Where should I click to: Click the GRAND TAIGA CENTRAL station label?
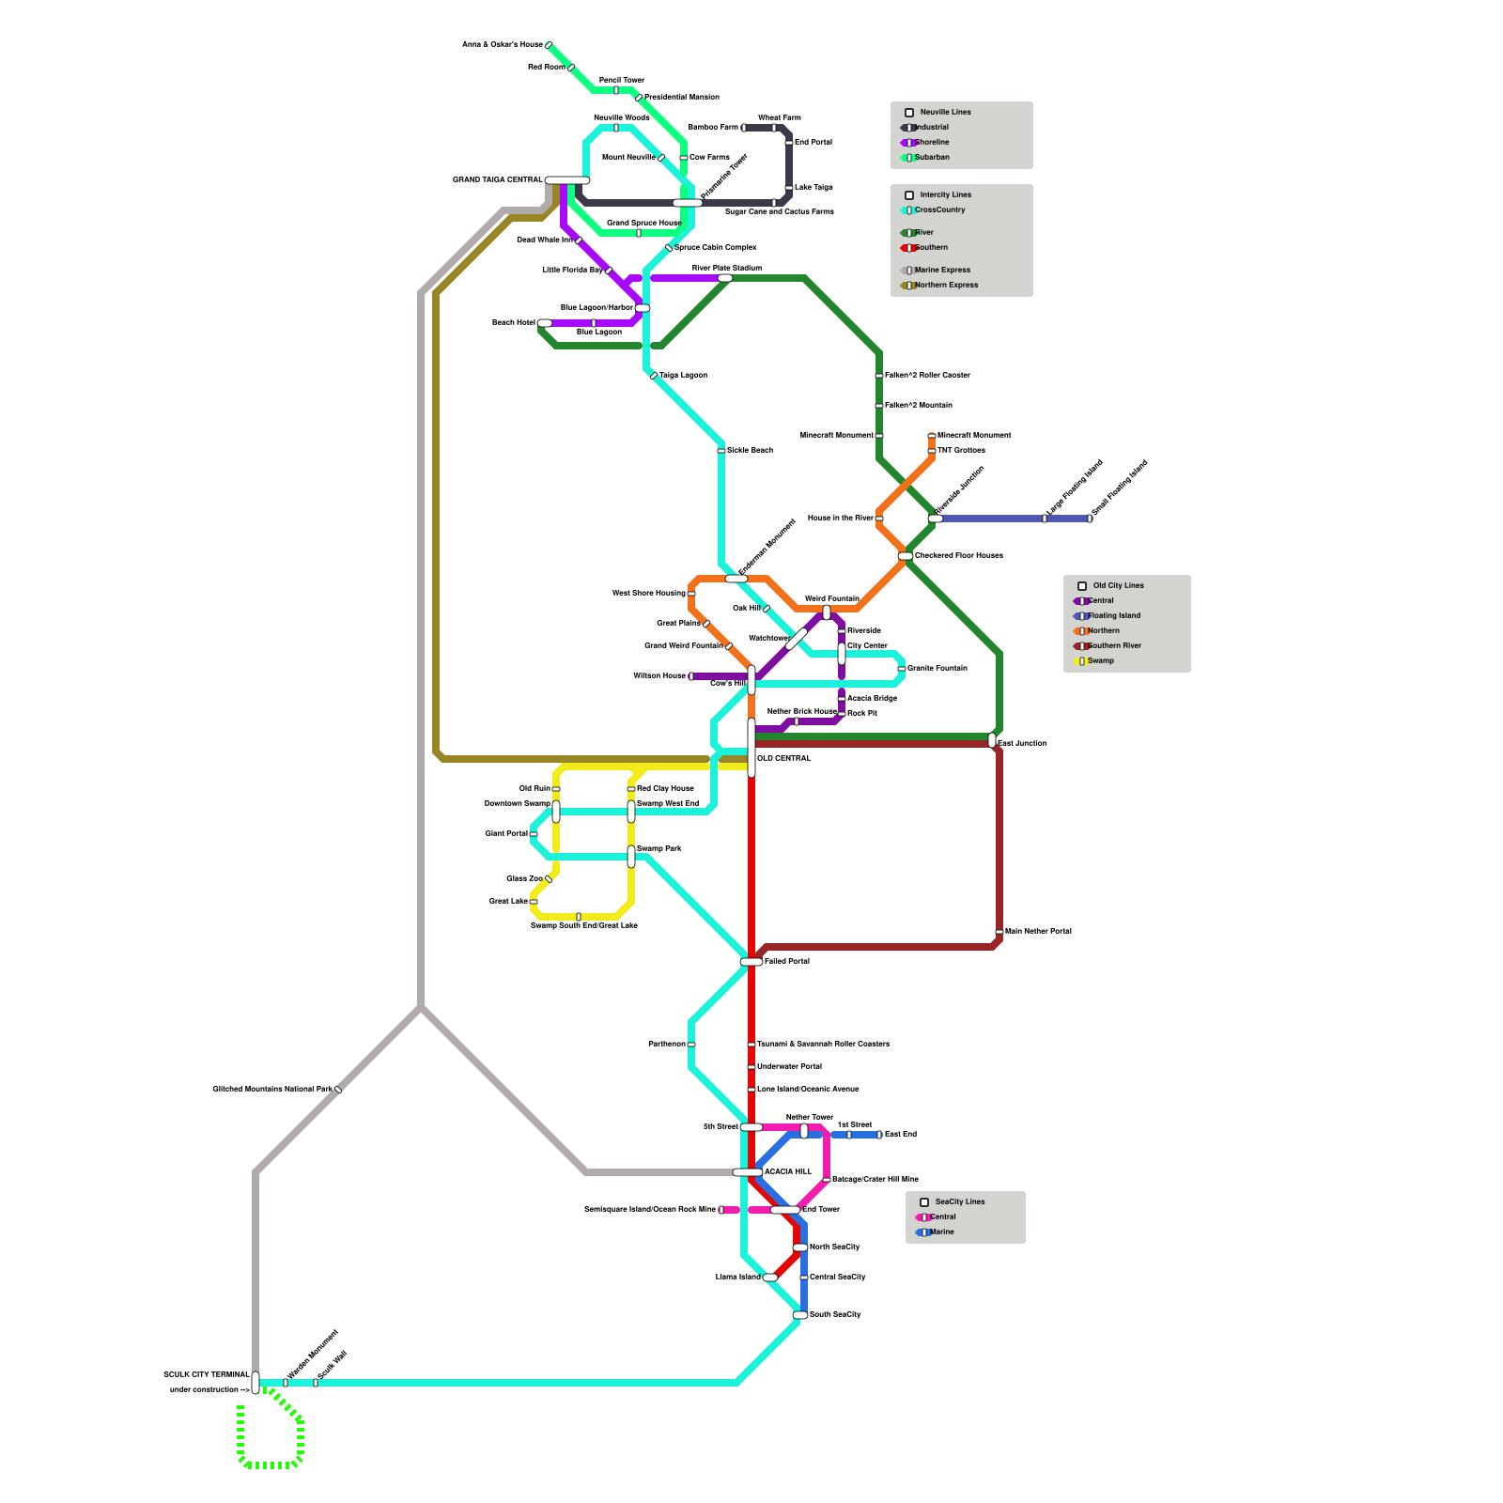(497, 179)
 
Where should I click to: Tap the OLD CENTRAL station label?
(783, 758)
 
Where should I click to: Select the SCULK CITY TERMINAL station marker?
(256, 1383)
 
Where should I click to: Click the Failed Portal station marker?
(751, 962)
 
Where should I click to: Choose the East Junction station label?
(1021, 743)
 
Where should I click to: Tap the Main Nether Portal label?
(1038, 931)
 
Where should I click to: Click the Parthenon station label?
(667, 1044)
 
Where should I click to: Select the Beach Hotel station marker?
(545, 323)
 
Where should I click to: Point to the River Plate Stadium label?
(727, 268)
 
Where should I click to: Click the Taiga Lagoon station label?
(683, 375)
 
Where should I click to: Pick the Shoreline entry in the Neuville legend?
(931, 143)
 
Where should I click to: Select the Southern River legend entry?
(1113, 646)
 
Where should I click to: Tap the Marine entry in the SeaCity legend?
(940, 1232)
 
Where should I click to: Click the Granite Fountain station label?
(937, 668)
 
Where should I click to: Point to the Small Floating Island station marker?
(1090, 519)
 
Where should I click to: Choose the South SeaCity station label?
(834, 1314)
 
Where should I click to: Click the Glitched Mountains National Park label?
(271, 1089)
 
